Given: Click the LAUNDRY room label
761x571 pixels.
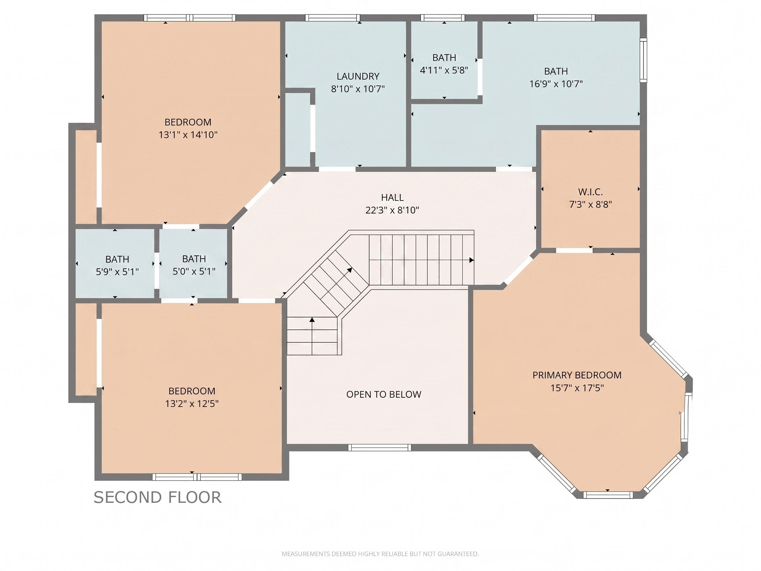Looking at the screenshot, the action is coord(358,76).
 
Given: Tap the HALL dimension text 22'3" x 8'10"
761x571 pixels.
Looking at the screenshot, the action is coord(392,210).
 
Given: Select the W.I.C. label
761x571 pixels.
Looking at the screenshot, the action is coord(590,192).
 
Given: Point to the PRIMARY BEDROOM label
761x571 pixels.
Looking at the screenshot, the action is coord(577,375).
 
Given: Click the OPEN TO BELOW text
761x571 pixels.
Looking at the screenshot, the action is coord(384,394).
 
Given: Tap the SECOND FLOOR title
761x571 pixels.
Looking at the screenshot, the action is coord(158,497).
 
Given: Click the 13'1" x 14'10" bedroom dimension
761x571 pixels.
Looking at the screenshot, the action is coord(188,134).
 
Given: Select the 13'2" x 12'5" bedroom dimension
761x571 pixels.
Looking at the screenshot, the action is coord(192,403).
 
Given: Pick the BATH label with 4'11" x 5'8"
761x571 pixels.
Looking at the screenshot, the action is coord(444,57).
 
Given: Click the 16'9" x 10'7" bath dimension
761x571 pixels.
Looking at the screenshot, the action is coord(556,83).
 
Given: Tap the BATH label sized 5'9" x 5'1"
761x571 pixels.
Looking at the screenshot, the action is coord(117,259).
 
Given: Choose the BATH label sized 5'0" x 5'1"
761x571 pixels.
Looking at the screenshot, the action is coord(194,259).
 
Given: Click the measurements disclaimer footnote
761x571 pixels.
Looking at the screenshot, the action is coord(380,554).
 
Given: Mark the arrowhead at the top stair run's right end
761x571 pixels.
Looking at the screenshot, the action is coord(471,260).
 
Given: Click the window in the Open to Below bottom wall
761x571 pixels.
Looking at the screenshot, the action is coord(380,447).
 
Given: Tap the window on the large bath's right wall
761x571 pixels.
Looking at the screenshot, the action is coord(643,60).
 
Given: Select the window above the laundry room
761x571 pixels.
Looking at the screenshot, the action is coord(332,18).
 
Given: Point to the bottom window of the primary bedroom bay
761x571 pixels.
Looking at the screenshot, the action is coord(608,495).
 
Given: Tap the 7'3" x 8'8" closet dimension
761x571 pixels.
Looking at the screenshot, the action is coord(590,205).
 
